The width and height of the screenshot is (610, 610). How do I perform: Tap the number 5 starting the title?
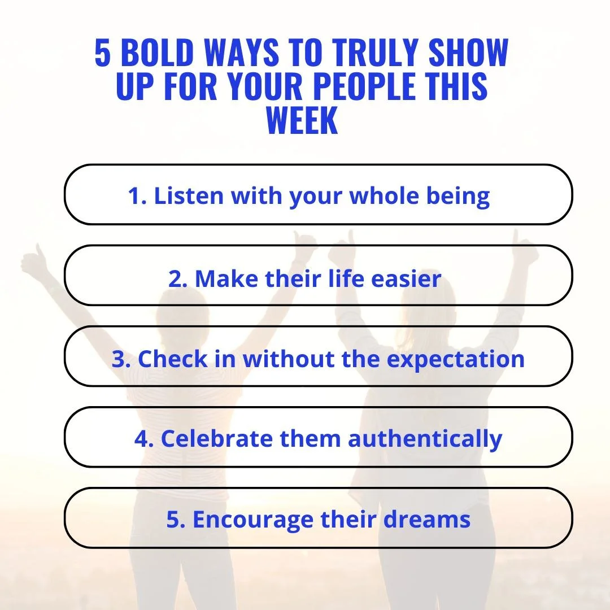[102, 54]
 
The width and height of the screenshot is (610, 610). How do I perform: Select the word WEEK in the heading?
[302, 120]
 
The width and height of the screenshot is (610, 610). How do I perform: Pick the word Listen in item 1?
[189, 196]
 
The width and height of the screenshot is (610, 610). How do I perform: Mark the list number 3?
[120, 359]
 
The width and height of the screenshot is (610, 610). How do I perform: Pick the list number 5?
[175, 520]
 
